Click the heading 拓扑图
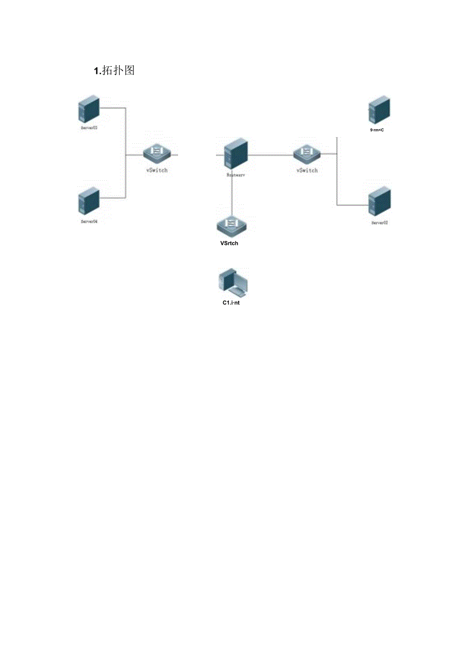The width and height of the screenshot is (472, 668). coord(114,71)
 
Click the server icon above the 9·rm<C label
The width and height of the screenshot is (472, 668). coord(379,109)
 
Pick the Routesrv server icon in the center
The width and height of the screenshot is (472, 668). coord(236,152)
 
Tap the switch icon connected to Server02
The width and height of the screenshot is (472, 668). coord(307,152)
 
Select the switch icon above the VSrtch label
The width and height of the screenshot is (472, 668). coord(231,225)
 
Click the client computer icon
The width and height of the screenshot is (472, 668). coord(232,283)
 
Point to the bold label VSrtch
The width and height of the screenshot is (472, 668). coord(229,243)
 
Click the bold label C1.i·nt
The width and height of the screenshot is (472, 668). coord(231,303)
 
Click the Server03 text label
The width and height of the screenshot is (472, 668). coord(89,128)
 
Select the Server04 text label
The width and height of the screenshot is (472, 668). coord(89,221)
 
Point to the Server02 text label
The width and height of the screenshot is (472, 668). coord(380,223)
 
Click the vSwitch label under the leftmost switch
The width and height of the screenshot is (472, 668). coord(156,170)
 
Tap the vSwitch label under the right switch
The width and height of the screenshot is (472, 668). coord(307,170)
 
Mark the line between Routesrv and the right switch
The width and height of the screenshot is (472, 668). coord(271,154)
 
